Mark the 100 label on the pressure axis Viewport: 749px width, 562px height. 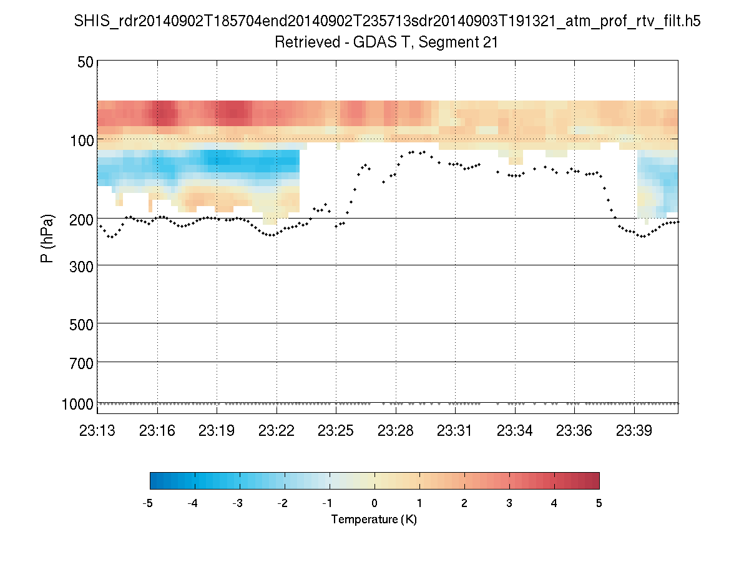82,139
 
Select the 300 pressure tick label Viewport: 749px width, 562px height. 82,265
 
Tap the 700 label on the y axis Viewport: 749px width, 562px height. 82,362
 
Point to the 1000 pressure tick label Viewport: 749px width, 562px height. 78,404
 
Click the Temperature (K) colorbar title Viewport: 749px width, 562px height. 374,520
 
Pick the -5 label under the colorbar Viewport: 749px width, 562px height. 149,503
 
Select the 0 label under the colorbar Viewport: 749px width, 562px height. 374,503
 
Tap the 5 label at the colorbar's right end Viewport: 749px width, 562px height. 599,503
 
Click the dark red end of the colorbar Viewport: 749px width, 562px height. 594,480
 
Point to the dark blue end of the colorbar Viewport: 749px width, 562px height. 155,480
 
